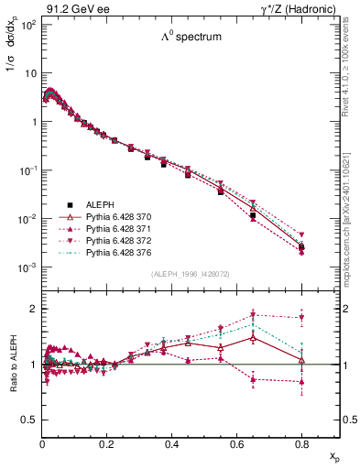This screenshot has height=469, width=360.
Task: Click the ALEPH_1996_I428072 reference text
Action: pos(189,274)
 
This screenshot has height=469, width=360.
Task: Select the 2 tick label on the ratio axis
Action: pos(35,309)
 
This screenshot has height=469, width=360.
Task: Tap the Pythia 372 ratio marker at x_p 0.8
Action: pos(301,319)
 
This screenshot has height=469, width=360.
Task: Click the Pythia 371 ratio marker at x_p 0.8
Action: pos(301,382)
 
